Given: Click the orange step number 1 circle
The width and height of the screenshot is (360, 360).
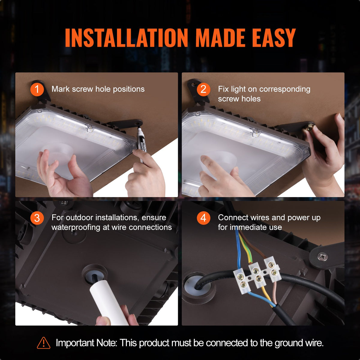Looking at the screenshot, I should pos(37,89).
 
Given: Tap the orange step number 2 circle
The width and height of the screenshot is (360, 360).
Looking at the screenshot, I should pos(203,89).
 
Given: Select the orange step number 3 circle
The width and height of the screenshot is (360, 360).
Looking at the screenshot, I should pos(37,218).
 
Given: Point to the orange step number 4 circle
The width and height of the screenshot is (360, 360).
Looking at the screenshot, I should pos(203,218).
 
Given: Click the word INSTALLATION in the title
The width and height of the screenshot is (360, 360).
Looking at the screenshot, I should pos(126,38).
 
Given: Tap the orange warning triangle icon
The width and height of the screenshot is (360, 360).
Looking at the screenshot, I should pos(44,343).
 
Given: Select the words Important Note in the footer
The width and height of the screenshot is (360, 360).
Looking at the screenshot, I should pos(86,343).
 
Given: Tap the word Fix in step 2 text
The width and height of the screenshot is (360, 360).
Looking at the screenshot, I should pos(223,89).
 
